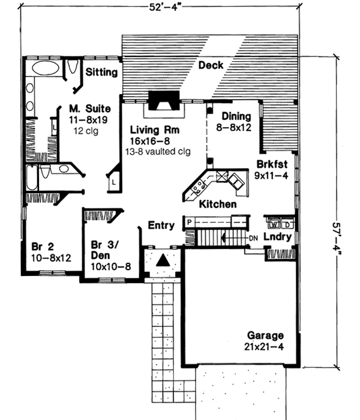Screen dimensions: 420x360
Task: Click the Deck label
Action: click(211, 65)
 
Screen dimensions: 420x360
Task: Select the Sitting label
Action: click(101, 72)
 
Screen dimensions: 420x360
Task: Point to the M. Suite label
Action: click(89, 109)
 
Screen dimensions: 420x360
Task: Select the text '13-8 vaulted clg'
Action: click(158, 151)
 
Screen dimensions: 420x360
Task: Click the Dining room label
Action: click(236, 116)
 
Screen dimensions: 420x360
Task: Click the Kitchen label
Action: click(217, 205)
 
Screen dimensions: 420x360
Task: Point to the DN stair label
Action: click(254, 238)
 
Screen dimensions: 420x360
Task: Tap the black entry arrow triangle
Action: click(161, 261)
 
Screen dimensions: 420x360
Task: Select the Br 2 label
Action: click(38, 247)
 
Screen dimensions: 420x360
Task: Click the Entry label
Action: click(161, 226)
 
